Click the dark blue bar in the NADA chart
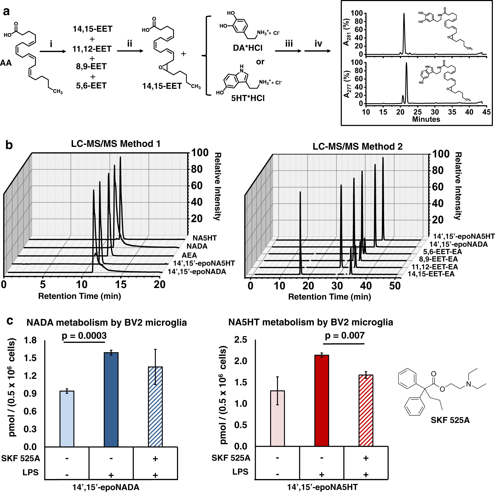[x=111, y=399]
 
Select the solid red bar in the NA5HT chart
[x=322, y=400]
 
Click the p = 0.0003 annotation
[x=84, y=336]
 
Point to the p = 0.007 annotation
[x=345, y=335]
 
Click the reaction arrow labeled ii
[x=130, y=51]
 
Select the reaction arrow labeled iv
[x=317, y=51]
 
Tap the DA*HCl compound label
[x=248, y=48]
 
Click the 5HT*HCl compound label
[x=248, y=98]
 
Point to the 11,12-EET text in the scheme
[x=92, y=49]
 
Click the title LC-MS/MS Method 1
[x=116, y=144]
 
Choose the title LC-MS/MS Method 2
[x=357, y=146]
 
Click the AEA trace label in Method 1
[x=189, y=255]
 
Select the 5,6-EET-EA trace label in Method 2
[x=442, y=252]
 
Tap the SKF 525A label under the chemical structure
[x=450, y=420]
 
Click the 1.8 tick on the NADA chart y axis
[x=30, y=340]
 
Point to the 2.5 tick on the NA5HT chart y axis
[x=240, y=340]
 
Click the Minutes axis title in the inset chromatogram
[x=426, y=119]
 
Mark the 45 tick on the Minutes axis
[x=486, y=112]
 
